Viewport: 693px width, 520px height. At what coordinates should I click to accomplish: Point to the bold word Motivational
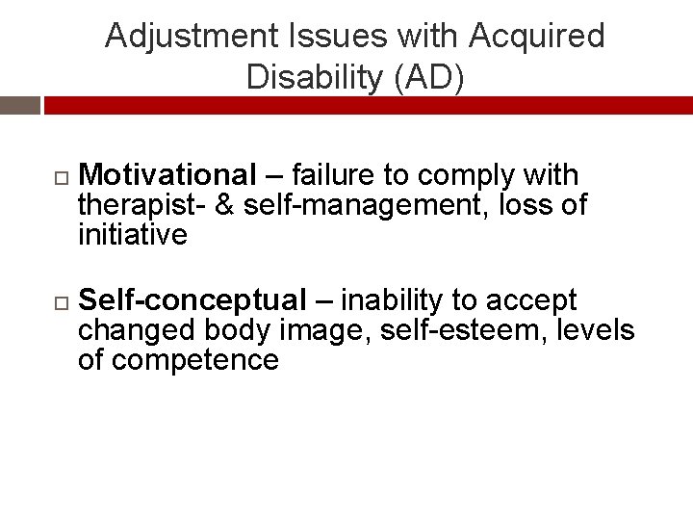pos(167,175)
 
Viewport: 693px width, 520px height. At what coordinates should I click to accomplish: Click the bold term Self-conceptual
pos(192,300)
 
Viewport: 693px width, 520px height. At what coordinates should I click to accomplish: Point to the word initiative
pos(133,234)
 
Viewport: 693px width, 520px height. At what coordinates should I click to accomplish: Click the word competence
pos(195,360)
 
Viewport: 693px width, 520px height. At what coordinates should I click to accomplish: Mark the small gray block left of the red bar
pos(19,105)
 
